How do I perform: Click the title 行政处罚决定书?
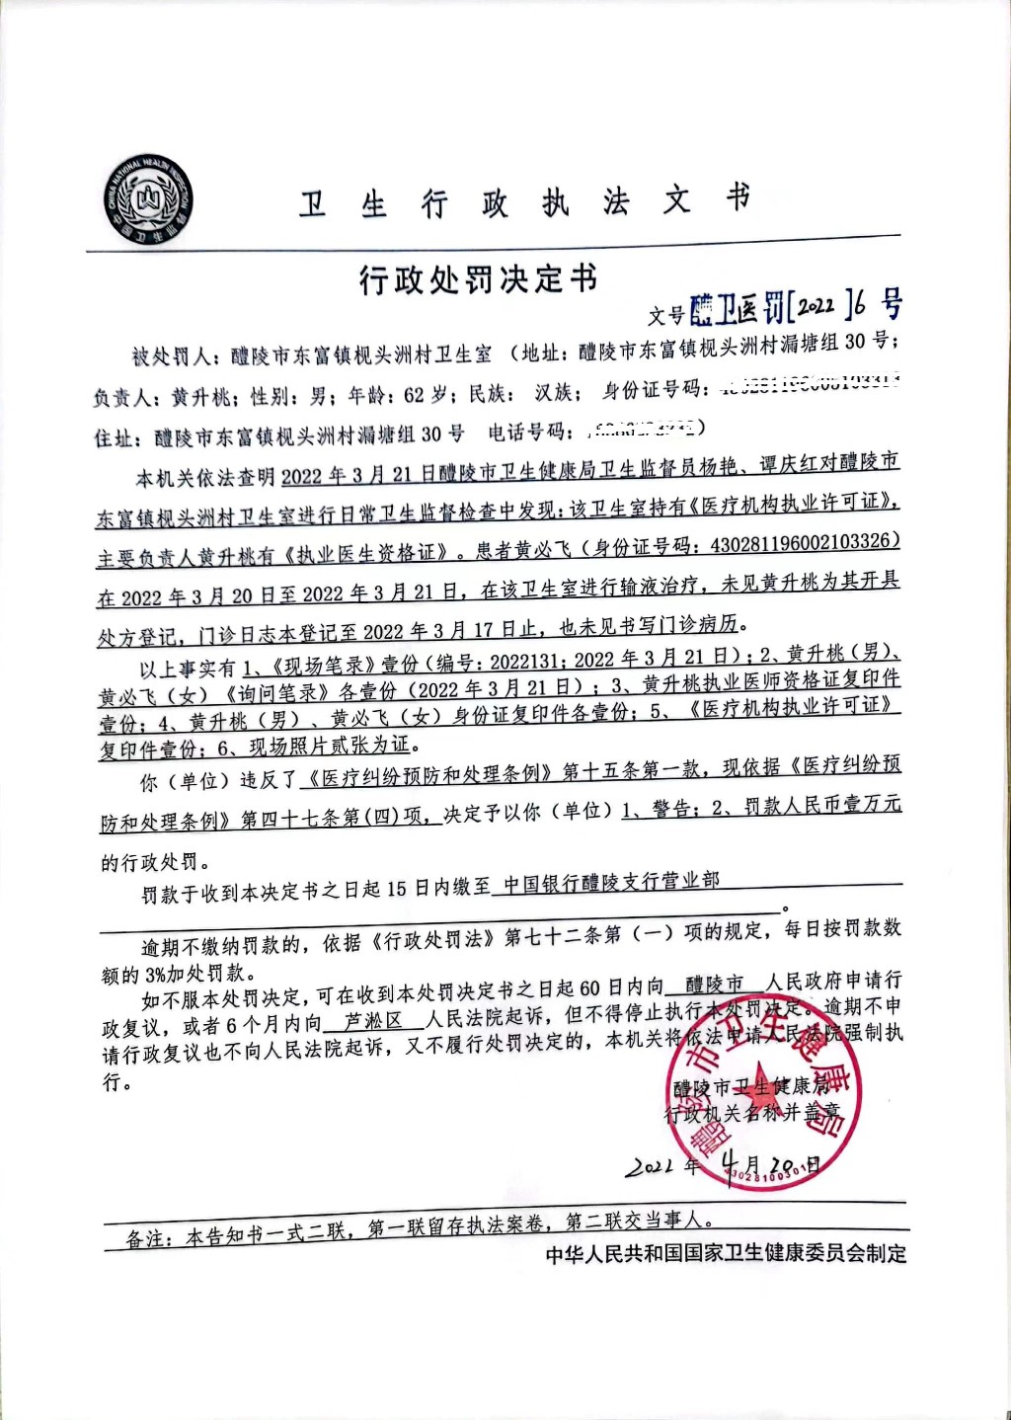tap(479, 280)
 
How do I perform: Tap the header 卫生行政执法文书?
tap(525, 202)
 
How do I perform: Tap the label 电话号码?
tap(530, 432)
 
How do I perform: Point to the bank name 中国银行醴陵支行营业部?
tap(612, 882)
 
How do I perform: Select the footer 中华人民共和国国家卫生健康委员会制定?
tap(726, 1254)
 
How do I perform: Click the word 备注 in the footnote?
tap(146, 1238)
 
